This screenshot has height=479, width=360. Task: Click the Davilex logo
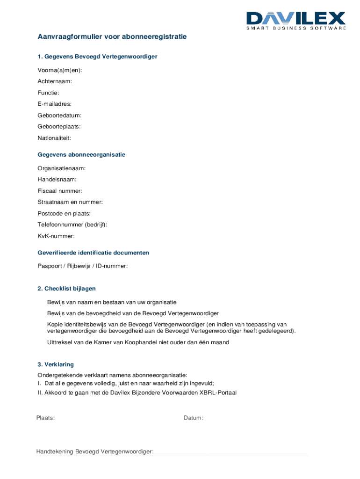(296, 21)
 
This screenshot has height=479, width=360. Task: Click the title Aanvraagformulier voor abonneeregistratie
(112, 36)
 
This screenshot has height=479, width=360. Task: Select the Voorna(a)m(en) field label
(60, 70)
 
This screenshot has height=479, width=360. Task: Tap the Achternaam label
(55, 81)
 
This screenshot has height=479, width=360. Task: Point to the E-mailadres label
(55, 104)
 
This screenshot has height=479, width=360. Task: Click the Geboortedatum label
(59, 115)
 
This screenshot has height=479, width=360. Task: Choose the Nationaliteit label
(54, 138)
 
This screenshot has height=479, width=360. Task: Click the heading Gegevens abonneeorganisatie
(81, 154)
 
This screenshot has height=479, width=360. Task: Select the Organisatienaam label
(62, 168)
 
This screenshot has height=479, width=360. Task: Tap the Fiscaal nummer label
(60, 191)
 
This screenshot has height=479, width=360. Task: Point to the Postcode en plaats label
(64, 213)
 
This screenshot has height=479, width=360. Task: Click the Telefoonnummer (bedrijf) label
(72, 225)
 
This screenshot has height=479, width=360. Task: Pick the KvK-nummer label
(56, 236)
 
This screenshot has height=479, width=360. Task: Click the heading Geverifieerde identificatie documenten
(94, 253)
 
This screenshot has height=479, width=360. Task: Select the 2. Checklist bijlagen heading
(66, 289)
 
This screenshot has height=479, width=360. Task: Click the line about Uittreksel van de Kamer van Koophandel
(138, 342)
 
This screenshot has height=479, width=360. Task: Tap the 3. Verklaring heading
(56, 364)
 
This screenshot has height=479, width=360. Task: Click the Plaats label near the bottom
(46, 418)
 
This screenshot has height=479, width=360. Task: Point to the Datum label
(194, 418)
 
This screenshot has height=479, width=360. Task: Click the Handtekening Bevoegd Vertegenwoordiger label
(95, 451)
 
